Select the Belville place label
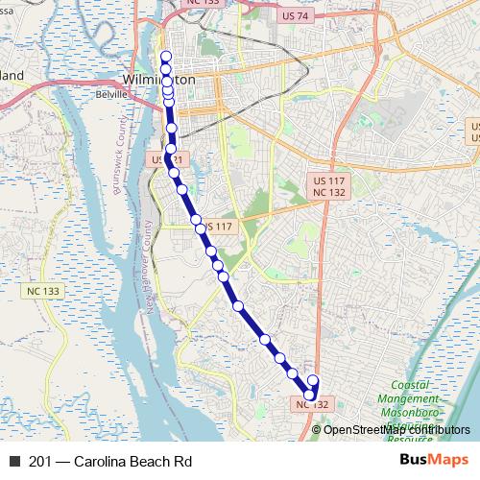tap(111, 95)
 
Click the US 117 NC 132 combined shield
tap(329, 186)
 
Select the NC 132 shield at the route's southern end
tap(313, 404)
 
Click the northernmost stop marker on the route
tap(165, 56)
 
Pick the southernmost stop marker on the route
tap(310, 394)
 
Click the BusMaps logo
tap(434, 461)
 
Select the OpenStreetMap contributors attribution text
tap(396, 429)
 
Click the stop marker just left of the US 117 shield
tap(197, 221)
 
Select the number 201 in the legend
tap(41, 461)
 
